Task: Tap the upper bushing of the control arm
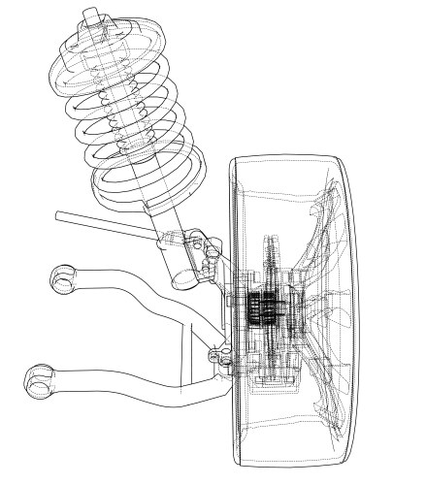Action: point(63,279)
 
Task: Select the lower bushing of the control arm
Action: point(38,379)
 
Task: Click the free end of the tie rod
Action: point(59,214)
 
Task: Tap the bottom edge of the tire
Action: point(291,463)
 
